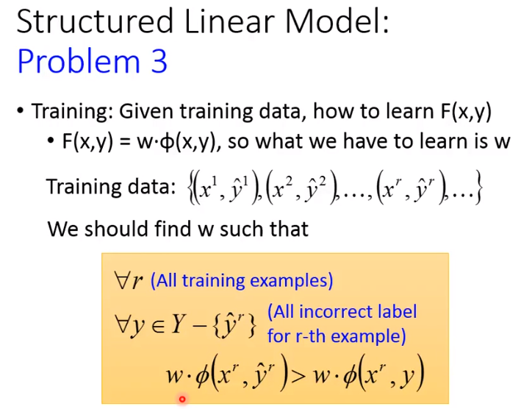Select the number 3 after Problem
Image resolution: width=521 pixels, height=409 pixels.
point(157,62)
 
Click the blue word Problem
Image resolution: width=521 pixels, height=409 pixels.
point(80,62)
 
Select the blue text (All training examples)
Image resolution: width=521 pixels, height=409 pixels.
point(242,281)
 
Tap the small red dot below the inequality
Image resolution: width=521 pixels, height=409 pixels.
point(181,399)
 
